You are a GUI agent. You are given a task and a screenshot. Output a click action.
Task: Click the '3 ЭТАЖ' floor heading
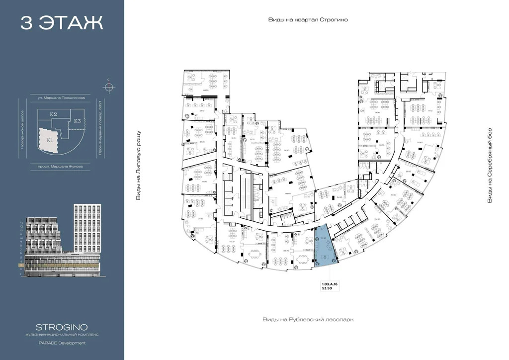(x=62, y=23)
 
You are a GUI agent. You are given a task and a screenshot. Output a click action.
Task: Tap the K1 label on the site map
(x=50, y=140)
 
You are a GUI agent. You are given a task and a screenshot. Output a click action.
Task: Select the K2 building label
(x=54, y=115)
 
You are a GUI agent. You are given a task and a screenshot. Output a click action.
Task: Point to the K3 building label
(x=78, y=121)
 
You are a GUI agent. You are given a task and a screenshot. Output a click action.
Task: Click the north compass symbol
(x=109, y=88)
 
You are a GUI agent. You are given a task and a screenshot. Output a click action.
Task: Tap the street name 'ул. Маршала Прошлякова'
(x=57, y=98)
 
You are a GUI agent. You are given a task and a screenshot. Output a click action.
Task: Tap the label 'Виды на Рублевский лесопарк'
(x=308, y=320)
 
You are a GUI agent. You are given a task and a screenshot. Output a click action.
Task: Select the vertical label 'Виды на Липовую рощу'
(x=139, y=166)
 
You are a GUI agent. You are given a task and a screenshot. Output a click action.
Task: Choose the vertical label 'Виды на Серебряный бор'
(x=490, y=168)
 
